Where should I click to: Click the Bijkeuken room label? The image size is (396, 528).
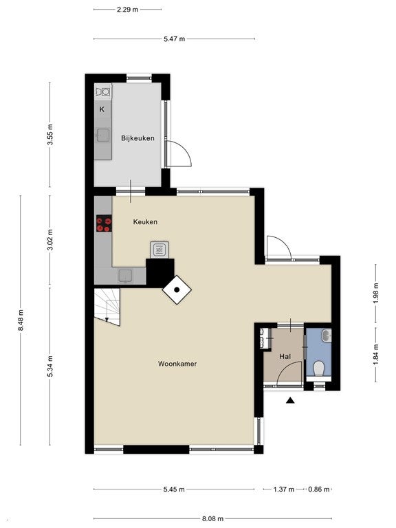point(137,138)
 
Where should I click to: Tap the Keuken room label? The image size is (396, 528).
point(145,221)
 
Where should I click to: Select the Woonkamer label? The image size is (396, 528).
point(177,364)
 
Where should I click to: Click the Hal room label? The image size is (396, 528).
point(285,356)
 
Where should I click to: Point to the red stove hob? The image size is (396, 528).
point(104,223)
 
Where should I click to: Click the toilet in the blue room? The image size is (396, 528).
point(318,368)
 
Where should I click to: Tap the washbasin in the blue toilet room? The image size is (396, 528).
point(327,335)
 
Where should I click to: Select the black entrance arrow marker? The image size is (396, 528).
point(290,400)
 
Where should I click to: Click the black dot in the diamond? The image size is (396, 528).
point(177,290)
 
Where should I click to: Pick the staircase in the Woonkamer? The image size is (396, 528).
point(107,307)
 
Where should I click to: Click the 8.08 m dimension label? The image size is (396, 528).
point(212,518)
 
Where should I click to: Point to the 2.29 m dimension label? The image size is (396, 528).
point(128,10)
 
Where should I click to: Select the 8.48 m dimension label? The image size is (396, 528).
point(21,320)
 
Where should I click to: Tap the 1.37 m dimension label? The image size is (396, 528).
point(283,489)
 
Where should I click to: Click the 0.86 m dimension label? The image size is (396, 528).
point(318,489)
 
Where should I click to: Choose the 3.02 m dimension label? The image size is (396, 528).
point(50,240)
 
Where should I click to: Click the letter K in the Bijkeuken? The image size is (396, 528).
point(102,109)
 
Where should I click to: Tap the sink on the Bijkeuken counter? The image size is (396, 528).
point(102,135)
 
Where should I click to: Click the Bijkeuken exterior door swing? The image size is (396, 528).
point(179,154)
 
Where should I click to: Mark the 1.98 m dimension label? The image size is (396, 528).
point(376,293)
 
